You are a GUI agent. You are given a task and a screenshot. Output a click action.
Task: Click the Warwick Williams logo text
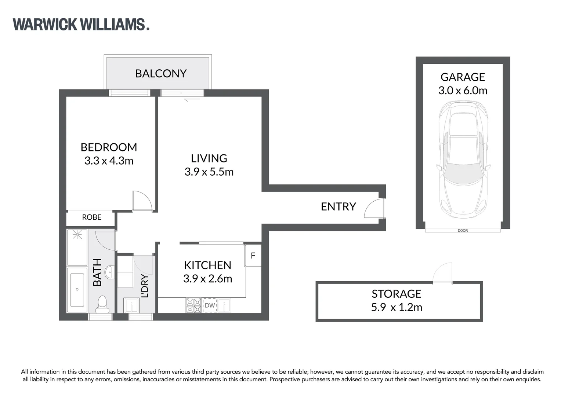pos(81,25)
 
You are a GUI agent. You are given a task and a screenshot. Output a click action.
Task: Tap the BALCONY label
pos(161,74)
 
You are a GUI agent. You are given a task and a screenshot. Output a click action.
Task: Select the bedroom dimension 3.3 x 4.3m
pos(109,161)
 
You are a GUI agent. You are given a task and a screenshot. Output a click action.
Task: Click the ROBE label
pos(92,217)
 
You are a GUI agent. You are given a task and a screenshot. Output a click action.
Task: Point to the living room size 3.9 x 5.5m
pos(209,172)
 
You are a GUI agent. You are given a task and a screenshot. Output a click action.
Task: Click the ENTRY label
pos(338,207)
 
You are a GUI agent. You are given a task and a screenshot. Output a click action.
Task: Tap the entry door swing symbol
pos(374,208)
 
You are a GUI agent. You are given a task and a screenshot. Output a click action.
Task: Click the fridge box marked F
pos(253,256)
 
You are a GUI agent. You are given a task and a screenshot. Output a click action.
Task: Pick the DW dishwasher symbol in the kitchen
pos(210,305)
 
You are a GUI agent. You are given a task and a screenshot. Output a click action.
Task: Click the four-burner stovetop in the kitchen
pos(193,305)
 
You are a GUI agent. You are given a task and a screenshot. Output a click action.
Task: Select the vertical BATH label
pos(97,272)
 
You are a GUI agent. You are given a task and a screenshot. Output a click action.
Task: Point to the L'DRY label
pos(145,286)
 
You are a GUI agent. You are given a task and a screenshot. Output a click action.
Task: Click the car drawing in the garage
pos(463,159)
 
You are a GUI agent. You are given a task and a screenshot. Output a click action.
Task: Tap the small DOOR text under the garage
pos(463,231)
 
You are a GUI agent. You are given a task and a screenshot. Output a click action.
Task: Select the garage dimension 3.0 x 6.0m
pos(463,91)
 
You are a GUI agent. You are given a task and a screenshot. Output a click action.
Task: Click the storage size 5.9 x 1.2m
pos(397,307)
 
